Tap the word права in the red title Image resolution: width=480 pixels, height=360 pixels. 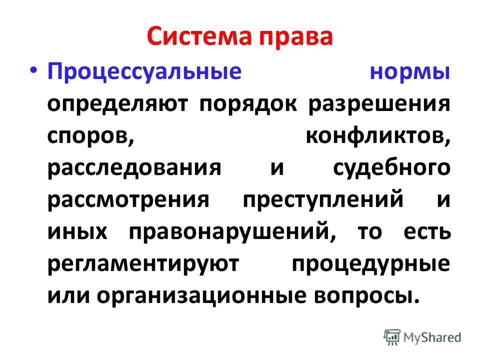295,39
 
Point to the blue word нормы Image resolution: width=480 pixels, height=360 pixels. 409,71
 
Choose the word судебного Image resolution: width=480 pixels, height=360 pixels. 392,167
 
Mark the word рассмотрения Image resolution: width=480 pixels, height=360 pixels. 128,199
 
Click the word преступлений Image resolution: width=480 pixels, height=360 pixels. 323,199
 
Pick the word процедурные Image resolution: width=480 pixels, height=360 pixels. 370,263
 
